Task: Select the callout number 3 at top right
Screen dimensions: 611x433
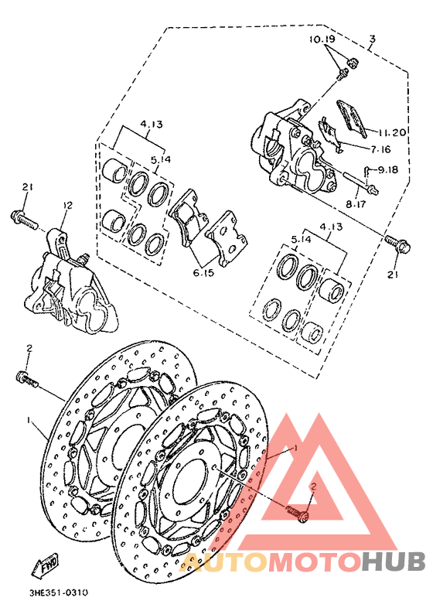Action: pyautogui.click(x=372, y=38)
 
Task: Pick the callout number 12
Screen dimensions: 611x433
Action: pyautogui.click(x=67, y=206)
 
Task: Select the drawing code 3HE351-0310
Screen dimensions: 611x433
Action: pyautogui.click(x=58, y=593)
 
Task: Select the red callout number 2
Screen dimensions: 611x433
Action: pyautogui.click(x=314, y=486)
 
